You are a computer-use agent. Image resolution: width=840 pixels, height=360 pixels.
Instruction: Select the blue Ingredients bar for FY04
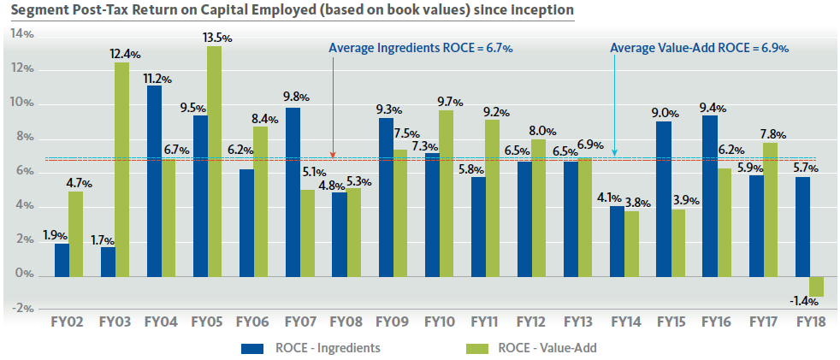point(154,180)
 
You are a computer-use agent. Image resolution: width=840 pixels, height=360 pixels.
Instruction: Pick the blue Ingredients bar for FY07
point(293,192)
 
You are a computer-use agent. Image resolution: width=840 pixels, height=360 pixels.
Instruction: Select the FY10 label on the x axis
point(439,323)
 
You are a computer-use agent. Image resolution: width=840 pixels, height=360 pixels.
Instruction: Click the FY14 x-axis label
point(624,323)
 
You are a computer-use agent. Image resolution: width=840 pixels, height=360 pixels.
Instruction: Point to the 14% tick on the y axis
point(23,35)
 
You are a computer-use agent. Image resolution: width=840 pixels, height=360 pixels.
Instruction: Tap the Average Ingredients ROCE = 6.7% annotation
point(421,49)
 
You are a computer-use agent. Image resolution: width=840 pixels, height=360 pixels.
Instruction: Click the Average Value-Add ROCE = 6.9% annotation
point(699,49)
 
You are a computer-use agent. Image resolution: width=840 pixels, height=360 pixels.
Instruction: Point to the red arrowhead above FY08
point(333,155)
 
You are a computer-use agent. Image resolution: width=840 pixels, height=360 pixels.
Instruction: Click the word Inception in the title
point(540,10)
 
